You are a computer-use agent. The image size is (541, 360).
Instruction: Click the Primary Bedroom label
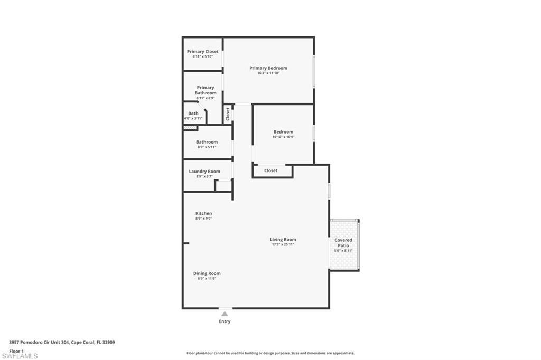click(268, 68)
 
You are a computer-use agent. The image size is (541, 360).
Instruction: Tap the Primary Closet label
click(202, 52)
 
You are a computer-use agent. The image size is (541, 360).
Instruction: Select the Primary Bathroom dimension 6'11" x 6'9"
click(206, 98)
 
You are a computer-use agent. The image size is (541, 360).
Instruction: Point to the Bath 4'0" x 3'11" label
click(193, 116)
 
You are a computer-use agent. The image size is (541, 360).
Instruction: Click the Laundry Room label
click(204, 172)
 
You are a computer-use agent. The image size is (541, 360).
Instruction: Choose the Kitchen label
click(203, 214)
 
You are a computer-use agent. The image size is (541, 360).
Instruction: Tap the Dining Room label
click(207, 273)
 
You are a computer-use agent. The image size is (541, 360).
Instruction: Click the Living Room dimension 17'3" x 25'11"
click(283, 244)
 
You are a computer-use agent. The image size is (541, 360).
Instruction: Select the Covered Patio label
click(343, 243)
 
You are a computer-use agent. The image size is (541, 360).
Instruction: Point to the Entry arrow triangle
click(225, 314)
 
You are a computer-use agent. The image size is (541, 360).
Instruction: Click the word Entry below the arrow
click(225, 321)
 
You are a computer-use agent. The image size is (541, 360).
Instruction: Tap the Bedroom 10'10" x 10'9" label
click(283, 134)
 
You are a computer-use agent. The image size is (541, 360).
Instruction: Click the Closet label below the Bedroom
click(271, 170)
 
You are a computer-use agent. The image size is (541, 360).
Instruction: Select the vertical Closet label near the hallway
click(228, 113)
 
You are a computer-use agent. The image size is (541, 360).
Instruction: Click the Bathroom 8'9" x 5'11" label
click(207, 144)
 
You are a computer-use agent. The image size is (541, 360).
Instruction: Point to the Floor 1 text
click(16, 351)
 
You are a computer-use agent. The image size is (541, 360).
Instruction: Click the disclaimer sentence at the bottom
click(270, 353)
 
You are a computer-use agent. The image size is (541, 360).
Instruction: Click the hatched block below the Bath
click(190, 128)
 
